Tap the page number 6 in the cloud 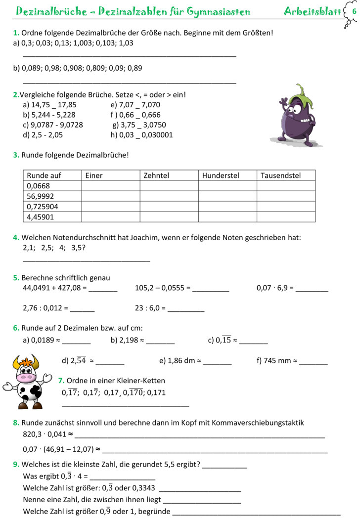pos(353,11)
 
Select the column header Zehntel pos(156,175)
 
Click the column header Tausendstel pos(280,175)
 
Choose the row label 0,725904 pos(43,207)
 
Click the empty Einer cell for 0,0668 pos(110,186)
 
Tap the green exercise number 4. pos(16,238)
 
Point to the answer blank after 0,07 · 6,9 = pos(312,289)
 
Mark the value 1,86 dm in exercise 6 pos(181,361)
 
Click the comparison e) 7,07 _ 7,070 pos(135,105)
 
